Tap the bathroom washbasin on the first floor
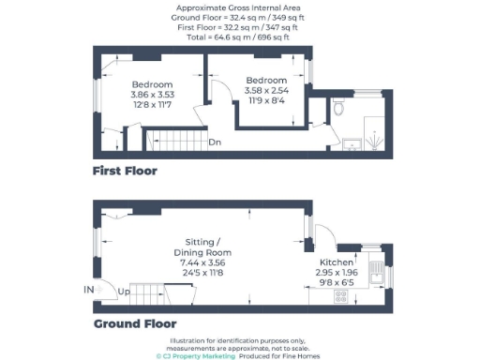(351, 142)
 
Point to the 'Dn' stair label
(215, 143)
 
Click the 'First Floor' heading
(125, 172)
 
